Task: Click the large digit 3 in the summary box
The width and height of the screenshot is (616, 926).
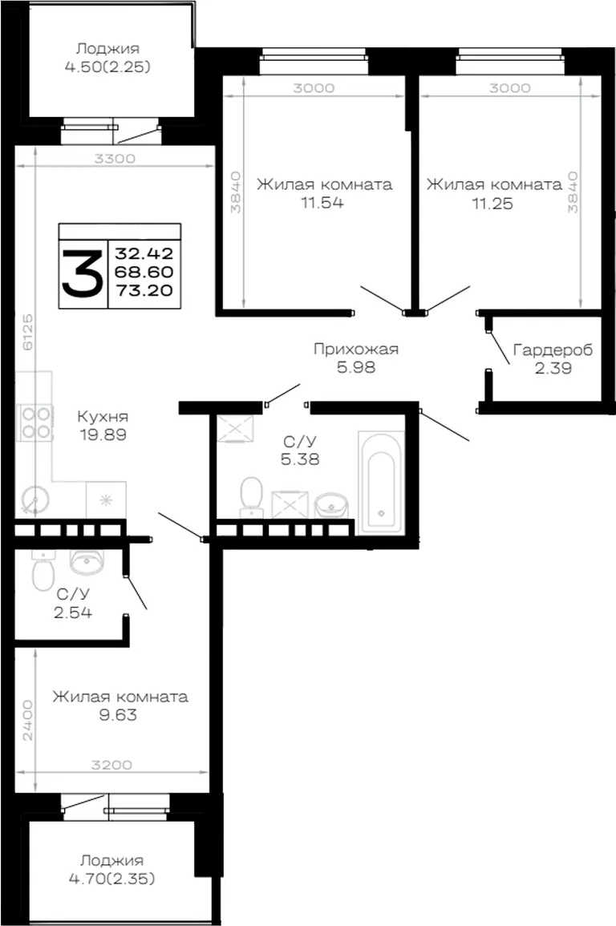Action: tap(83, 273)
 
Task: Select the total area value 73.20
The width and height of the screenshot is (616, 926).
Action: tap(144, 290)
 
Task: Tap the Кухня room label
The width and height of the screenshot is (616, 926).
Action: tap(103, 416)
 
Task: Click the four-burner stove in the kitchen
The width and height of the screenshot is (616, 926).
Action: tap(36, 423)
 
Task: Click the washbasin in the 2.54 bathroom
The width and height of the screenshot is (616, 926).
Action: tap(87, 562)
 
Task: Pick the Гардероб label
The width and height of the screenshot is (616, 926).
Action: tap(553, 350)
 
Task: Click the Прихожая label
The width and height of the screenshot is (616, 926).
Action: tap(356, 349)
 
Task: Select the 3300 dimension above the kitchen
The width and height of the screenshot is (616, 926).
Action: tap(115, 158)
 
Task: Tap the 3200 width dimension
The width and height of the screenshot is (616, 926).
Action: tap(111, 765)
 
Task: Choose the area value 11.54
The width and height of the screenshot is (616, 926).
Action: tap(322, 203)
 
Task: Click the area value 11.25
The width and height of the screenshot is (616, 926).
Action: tap(492, 204)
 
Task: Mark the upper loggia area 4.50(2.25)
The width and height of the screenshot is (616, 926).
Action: tap(107, 67)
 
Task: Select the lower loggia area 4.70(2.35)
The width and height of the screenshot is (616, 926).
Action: tap(111, 879)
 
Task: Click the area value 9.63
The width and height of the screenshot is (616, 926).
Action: tap(118, 715)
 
